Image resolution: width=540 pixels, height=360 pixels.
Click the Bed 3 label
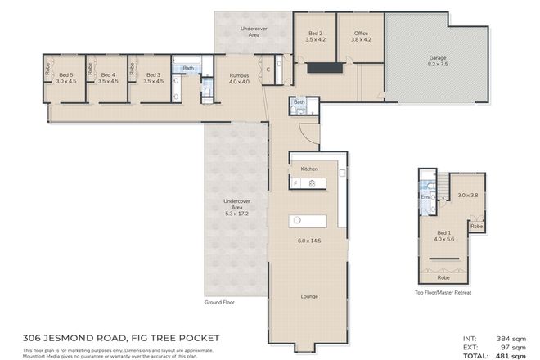point(153,74)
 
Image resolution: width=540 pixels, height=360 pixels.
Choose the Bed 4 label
point(107,74)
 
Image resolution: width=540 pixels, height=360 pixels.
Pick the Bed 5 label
point(65,74)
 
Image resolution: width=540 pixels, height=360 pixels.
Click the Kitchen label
point(308,169)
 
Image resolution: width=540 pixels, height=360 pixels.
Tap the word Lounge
point(308,296)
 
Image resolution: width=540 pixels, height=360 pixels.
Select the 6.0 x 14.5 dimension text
point(308,241)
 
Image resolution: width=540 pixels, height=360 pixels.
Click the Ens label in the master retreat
point(425,197)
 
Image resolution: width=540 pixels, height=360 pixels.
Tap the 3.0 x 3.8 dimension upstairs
point(467,195)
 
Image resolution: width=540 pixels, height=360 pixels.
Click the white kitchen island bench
point(308,221)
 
